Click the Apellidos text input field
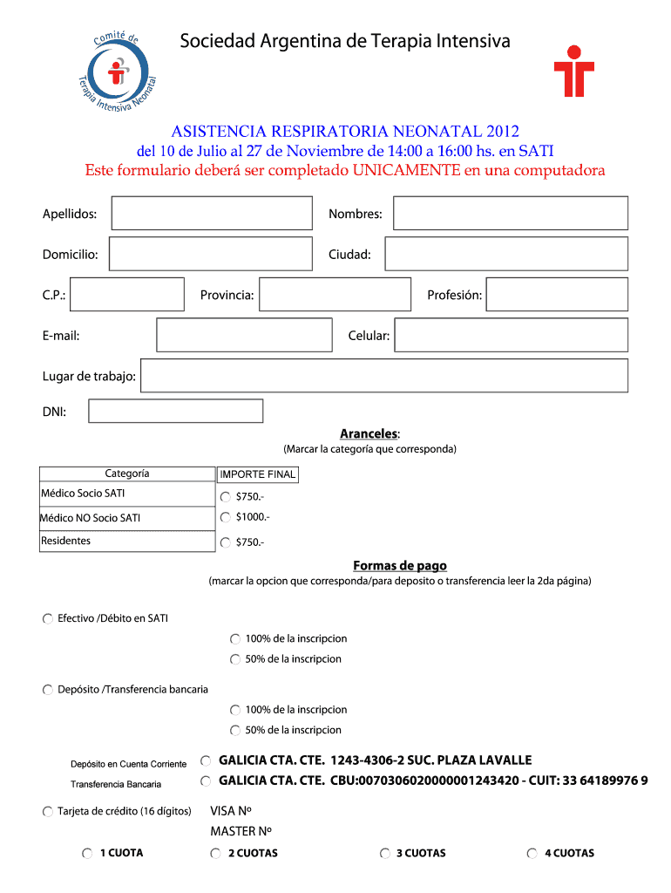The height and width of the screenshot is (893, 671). point(212,214)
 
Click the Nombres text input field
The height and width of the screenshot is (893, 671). point(510,214)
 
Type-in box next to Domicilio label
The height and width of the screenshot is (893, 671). point(210,254)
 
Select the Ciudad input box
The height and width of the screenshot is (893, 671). point(505,254)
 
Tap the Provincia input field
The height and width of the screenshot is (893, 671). point(335,295)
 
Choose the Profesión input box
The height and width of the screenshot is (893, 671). point(556,295)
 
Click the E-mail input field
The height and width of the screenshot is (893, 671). point(244,335)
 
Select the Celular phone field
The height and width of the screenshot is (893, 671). point(510,335)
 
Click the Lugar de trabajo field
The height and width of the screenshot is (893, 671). point(383,376)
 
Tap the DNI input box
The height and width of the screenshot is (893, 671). point(176,411)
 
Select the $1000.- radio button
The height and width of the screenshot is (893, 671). point(226,517)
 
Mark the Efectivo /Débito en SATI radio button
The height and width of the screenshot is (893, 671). point(47,618)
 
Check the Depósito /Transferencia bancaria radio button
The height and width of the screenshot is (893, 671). point(47,690)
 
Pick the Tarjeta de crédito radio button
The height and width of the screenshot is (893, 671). point(47,812)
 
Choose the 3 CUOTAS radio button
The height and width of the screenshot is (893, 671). point(385,853)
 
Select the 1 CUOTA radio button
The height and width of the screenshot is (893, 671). point(87,853)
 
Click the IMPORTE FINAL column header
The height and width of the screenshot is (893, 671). point(258,474)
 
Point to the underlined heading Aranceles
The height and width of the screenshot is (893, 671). point(369,433)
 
